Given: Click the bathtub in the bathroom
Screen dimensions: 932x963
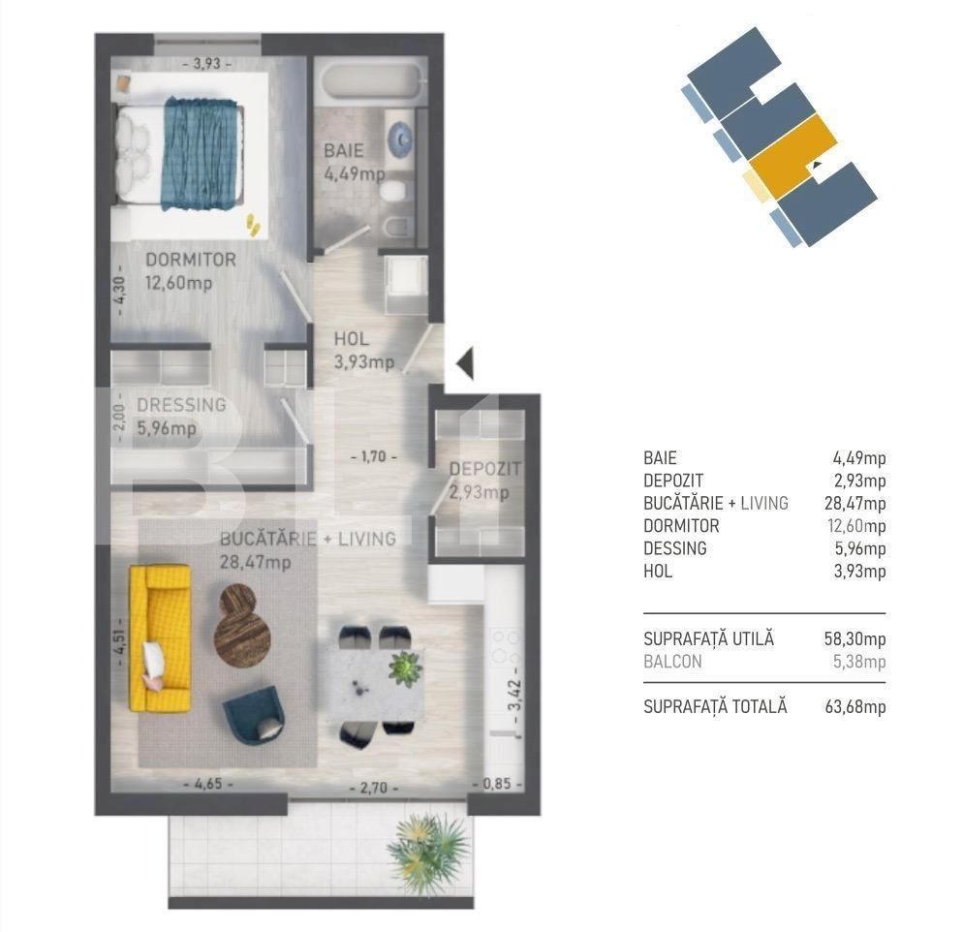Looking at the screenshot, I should click(371, 84).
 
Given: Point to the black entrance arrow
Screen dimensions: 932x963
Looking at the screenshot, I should click(464, 363).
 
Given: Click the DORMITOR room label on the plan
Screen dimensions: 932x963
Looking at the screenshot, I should click(191, 261).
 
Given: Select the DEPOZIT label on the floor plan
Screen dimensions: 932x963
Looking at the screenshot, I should click(484, 470).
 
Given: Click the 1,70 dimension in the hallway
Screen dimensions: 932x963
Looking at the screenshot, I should click(374, 454).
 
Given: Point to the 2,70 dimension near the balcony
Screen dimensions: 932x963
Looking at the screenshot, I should click(379, 788).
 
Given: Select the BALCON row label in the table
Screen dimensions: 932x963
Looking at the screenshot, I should click(672, 663).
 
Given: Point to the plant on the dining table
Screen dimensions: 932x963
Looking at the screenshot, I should click(404, 668).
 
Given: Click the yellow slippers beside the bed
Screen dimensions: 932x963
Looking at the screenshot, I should click(252, 225).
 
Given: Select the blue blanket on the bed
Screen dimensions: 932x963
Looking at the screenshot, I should click(202, 152).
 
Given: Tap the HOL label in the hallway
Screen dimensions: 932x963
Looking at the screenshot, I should click(352, 340).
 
